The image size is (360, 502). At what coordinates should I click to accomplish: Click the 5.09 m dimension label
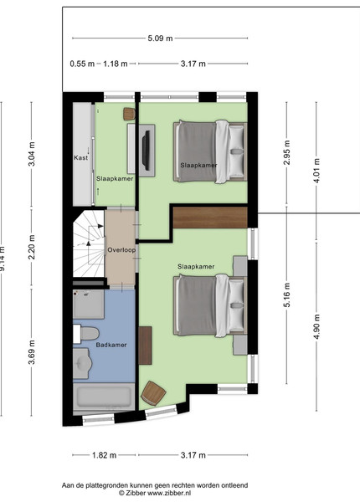tap(160, 38)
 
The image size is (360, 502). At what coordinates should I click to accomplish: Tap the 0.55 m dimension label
tap(82, 64)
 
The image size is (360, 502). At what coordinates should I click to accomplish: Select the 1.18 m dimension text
tap(116, 64)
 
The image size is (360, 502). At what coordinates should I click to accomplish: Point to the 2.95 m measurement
tap(287, 152)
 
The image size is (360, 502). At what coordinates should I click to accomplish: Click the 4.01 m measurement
tap(316, 171)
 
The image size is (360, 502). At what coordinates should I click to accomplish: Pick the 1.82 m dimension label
tap(105, 455)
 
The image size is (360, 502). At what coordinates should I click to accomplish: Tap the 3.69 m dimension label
tap(31, 352)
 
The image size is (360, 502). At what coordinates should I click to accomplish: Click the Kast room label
tap(80, 157)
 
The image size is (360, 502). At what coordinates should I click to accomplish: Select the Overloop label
tap(121, 250)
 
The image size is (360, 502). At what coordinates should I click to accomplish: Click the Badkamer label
tap(111, 345)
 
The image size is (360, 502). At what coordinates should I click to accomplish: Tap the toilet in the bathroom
tap(85, 334)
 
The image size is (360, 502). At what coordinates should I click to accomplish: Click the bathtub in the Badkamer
tap(104, 397)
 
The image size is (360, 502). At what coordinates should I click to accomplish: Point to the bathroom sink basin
tap(82, 363)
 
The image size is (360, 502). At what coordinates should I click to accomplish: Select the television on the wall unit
tap(147, 150)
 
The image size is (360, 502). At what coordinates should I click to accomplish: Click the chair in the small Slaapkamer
tap(130, 114)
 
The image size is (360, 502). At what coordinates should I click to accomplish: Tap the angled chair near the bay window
tap(153, 393)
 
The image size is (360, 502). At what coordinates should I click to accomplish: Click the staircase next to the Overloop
tap(89, 243)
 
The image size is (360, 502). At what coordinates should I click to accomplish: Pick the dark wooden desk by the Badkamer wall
tap(145, 346)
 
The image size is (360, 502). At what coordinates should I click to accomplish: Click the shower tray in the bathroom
tap(89, 305)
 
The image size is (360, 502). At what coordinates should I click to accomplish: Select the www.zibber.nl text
tap(167, 493)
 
